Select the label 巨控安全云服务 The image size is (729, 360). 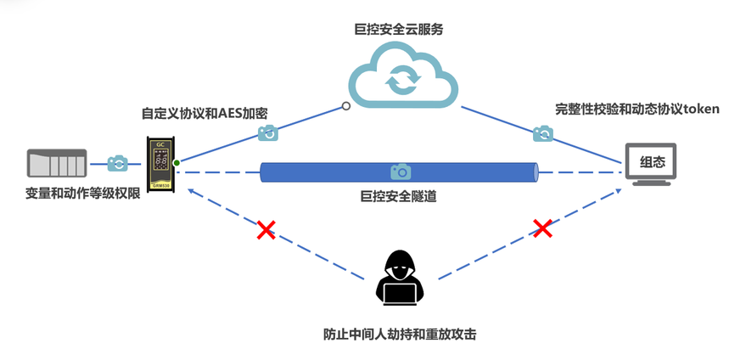pyautogui.click(x=398, y=29)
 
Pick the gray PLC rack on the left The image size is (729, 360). pyautogui.click(x=57, y=163)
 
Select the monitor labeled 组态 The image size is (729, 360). pyautogui.click(x=652, y=162)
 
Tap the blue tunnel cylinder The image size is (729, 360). pyautogui.click(x=399, y=172)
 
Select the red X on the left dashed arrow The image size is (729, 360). pyautogui.click(x=266, y=229)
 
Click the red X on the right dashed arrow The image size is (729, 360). pyautogui.click(x=542, y=228)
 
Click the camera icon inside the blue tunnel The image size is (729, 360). pyautogui.click(x=400, y=172)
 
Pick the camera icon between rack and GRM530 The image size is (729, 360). pyautogui.click(x=117, y=162)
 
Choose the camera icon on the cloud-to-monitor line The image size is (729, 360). pyautogui.click(x=543, y=133)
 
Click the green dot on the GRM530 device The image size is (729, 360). pyautogui.click(x=177, y=161)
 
